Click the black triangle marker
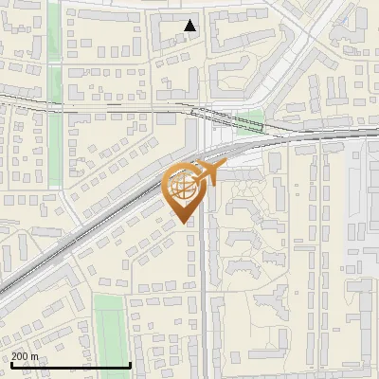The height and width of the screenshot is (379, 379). coord(190,26)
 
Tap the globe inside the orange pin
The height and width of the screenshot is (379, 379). coord(184,188)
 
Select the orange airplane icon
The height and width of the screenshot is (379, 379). coord(208,173)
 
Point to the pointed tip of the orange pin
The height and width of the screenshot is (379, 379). coord(185,224)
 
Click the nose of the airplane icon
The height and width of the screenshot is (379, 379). coord(226,167)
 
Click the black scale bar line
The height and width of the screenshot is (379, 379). coord(71,365)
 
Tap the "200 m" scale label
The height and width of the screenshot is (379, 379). coord(26,356)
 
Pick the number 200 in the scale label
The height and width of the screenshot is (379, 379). coord(21,356)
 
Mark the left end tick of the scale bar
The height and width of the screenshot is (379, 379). coord(10,363)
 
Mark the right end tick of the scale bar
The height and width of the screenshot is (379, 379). coord(130,363)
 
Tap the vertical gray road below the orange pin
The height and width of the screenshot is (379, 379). coord(205,303)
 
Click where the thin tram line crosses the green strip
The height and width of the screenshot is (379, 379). coord(56,101)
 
